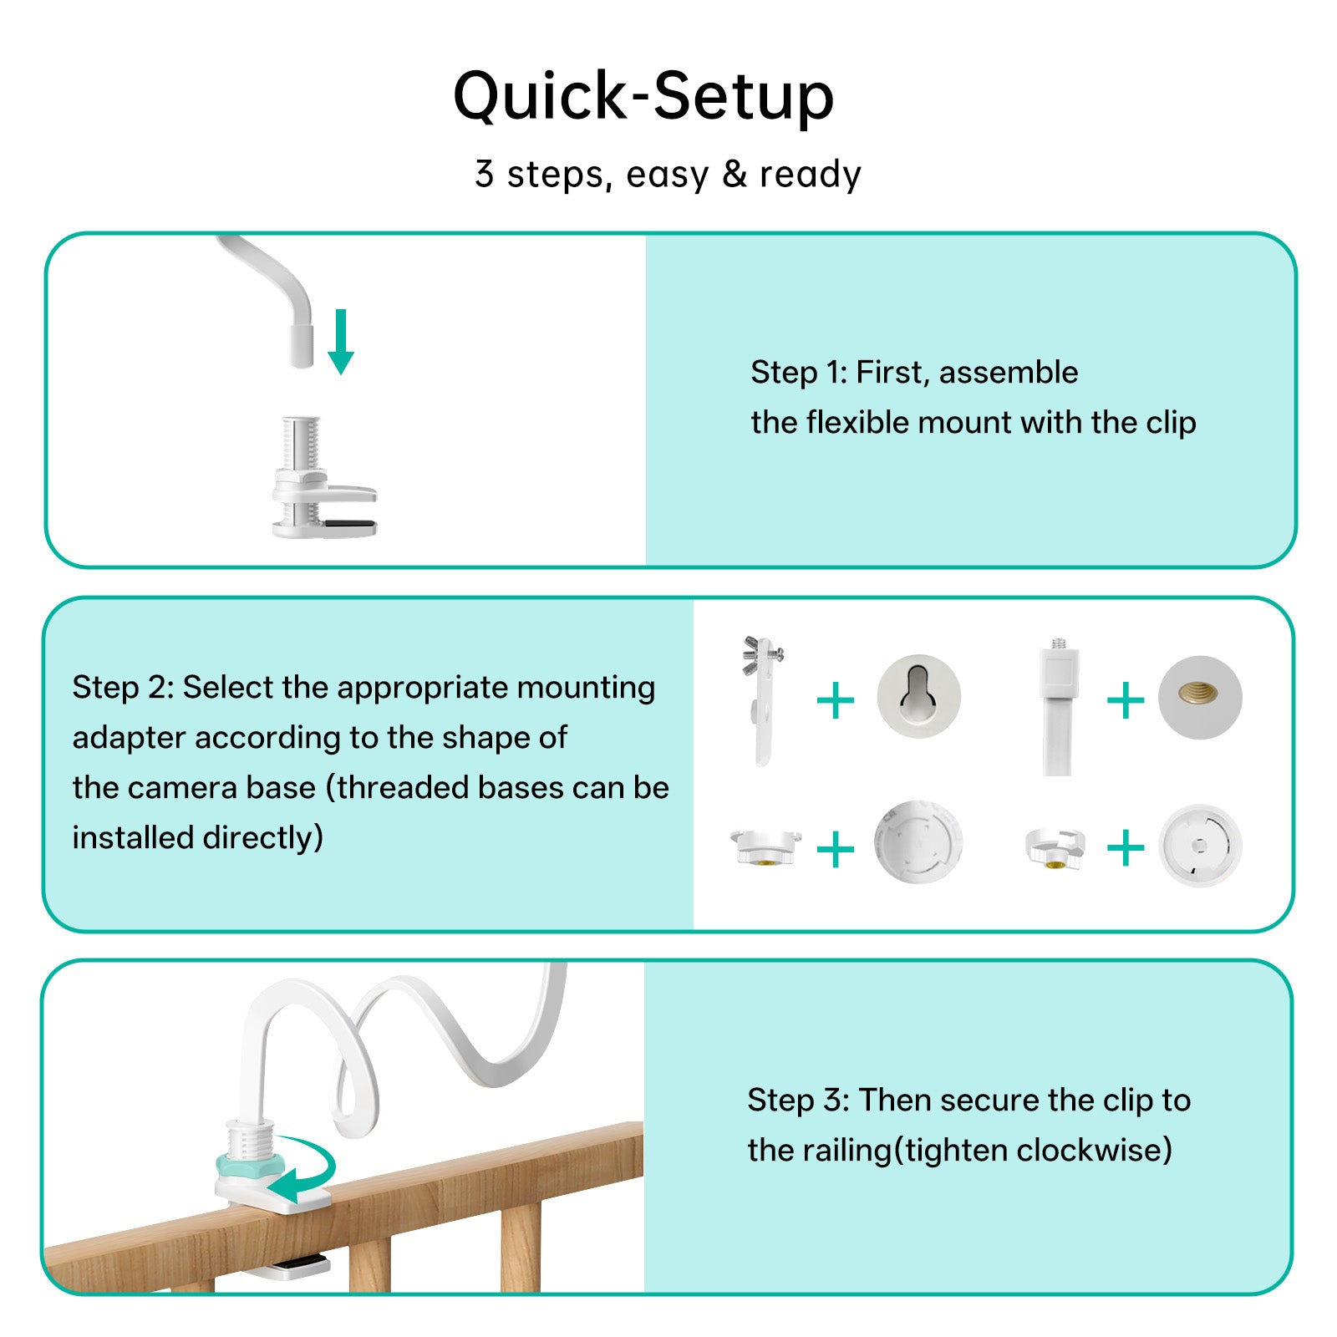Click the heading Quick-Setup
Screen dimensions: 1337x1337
pyautogui.click(x=643, y=96)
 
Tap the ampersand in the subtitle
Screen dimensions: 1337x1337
pyautogui.click(x=734, y=174)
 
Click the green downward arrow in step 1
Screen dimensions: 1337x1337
pyautogui.click(x=341, y=342)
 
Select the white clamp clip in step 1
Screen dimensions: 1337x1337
pyautogui.click(x=323, y=480)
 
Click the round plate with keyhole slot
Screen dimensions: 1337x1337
pyautogui.click(x=918, y=696)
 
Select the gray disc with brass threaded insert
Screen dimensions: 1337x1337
pyautogui.click(x=1200, y=697)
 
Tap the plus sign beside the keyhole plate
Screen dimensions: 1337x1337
pyautogui.click(x=836, y=700)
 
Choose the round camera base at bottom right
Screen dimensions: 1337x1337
pyautogui.click(x=1200, y=846)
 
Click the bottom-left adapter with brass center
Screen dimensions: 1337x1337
pyautogui.click(x=764, y=846)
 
